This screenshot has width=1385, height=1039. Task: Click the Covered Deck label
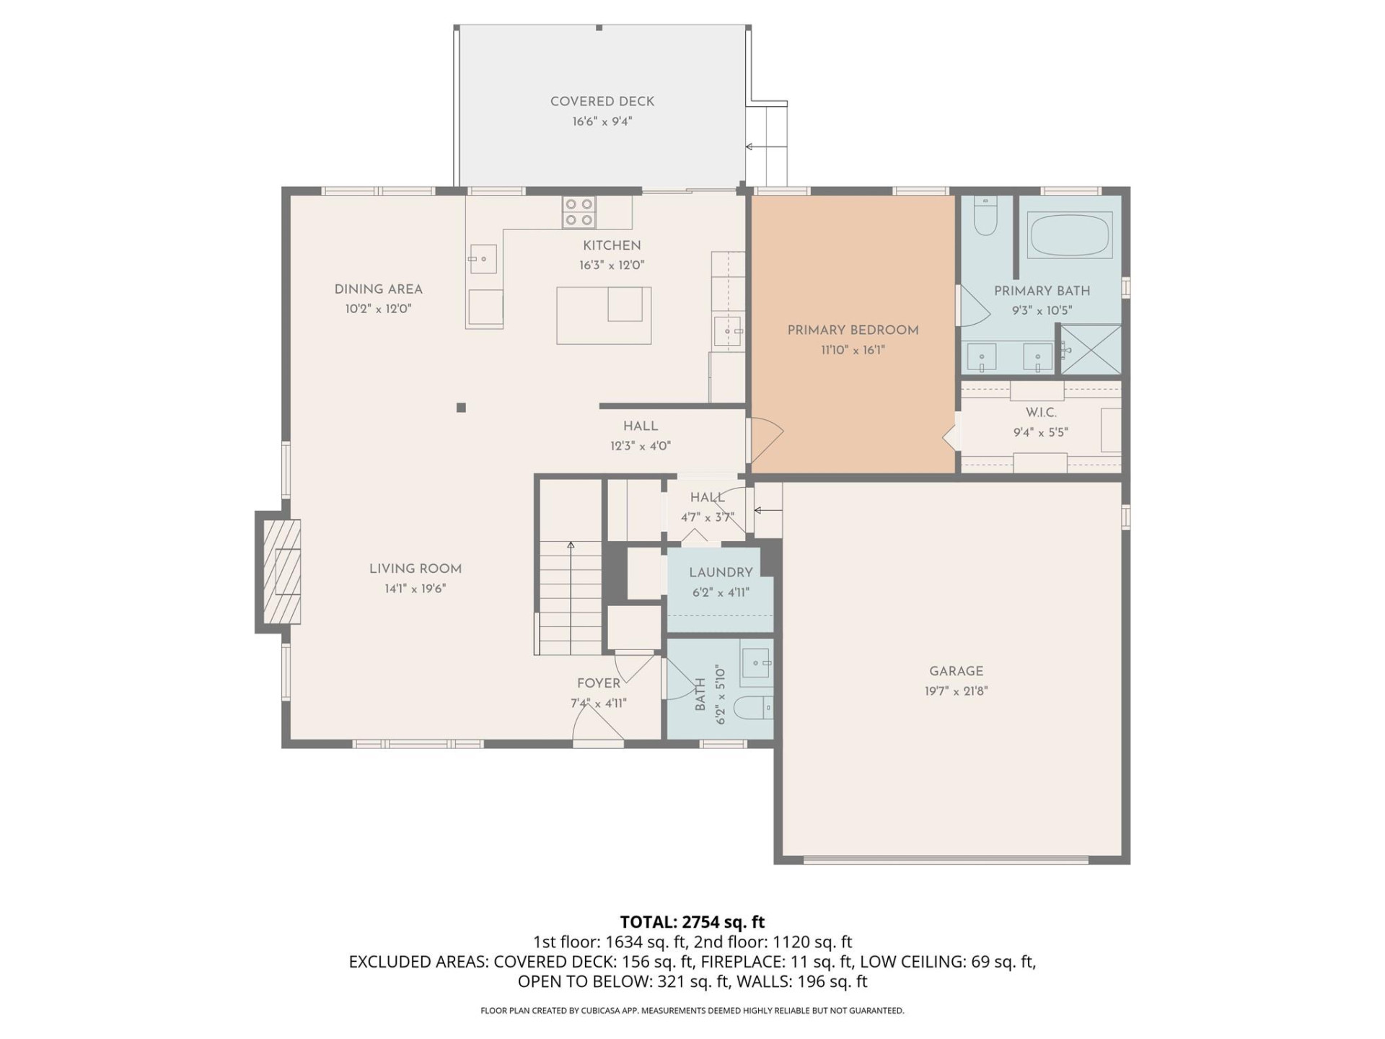pyautogui.click(x=602, y=102)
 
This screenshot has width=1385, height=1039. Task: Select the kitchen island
pyautogui.click(x=604, y=315)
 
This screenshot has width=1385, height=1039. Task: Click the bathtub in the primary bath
pyautogui.click(x=1070, y=235)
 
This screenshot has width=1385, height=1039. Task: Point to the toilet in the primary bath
pyautogui.click(x=985, y=216)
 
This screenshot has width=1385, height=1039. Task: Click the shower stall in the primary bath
pyautogui.click(x=1090, y=350)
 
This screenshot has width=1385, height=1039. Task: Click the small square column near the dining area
pyautogui.click(x=461, y=408)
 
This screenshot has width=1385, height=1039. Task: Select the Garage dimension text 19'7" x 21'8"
pyautogui.click(x=956, y=691)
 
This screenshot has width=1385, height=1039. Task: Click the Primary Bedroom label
pyautogui.click(x=853, y=330)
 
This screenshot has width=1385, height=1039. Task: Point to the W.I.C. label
pyautogui.click(x=1040, y=413)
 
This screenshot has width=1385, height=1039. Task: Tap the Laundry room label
pyautogui.click(x=721, y=572)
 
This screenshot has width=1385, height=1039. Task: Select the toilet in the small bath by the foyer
pyautogui.click(x=755, y=708)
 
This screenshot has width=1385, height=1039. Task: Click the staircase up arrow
pyautogui.click(x=571, y=546)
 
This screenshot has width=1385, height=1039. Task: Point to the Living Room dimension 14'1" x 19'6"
pyautogui.click(x=415, y=589)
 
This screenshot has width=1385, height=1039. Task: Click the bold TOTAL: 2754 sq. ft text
pyautogui.click(x=692, y=922)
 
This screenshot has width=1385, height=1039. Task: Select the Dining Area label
pyautogui.click(x=378, y=289)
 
